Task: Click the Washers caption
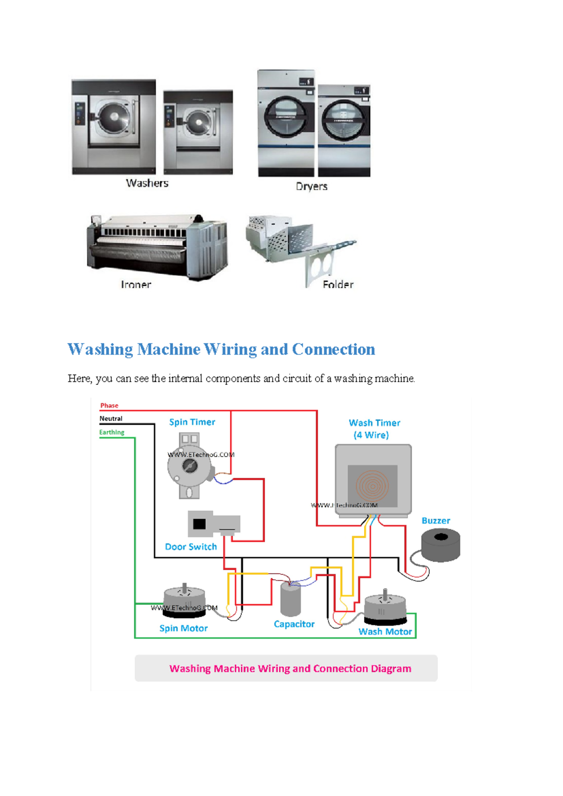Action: coord(147,183)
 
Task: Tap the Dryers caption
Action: coord(312,186)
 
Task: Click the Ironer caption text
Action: coord(136,284)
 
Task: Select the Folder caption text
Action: coord(338,284)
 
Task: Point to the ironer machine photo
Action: coord(157,246)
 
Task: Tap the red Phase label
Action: coord(109,406)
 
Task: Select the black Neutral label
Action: coord(111,419)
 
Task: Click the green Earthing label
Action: coord(112,432)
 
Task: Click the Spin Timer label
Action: coord(192,422)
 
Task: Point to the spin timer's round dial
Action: coord(190,466)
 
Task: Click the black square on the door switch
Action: coord(199,524)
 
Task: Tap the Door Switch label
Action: coord(191,547)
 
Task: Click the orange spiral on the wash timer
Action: coord(373,486)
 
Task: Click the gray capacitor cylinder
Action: coord(290,599)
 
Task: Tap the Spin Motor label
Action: coord(183,628)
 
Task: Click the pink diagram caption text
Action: coord(290,668)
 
